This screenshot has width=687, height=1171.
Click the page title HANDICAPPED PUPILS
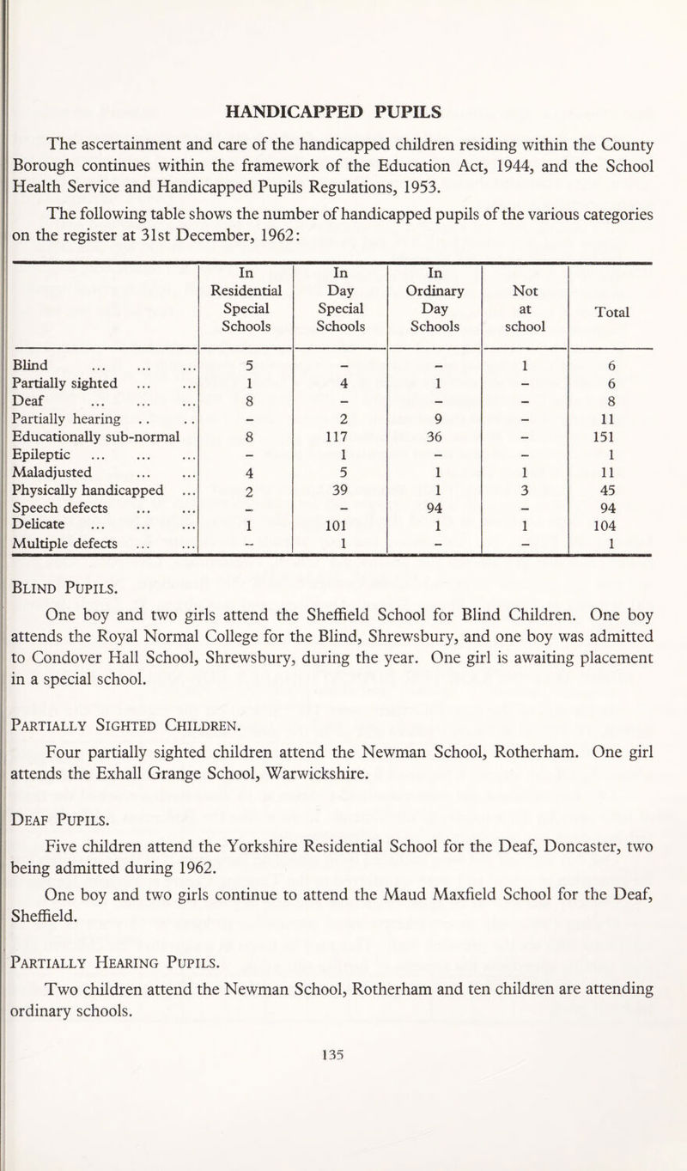[x=344, y=111]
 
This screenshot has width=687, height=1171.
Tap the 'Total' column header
[x=611, y=314]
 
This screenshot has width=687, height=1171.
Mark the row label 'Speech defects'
[x=57, y=509]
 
